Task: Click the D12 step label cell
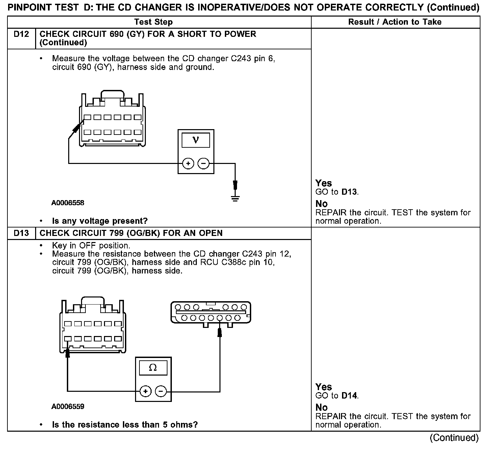point(21,34)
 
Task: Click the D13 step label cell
point(21,233)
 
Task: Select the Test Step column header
point(153,22)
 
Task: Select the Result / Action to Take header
point(395,22)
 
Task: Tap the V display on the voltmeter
point(196,140)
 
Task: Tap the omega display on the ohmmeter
point(153,367)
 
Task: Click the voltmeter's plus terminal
point(188,164)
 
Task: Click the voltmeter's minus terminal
point(203,164)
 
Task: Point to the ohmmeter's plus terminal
point(146,391)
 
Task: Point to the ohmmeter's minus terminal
point(161,391)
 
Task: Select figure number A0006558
point(68,203)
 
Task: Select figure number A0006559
point(68,406)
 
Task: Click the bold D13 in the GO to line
point(349,192)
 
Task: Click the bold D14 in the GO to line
point(349,396)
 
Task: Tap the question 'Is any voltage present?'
point(100,221)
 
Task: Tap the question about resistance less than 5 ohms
point(125,425)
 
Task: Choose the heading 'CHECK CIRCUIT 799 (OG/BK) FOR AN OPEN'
point(131,233)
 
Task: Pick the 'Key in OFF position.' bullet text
point(91,245)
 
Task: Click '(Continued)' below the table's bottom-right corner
point(454,438)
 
